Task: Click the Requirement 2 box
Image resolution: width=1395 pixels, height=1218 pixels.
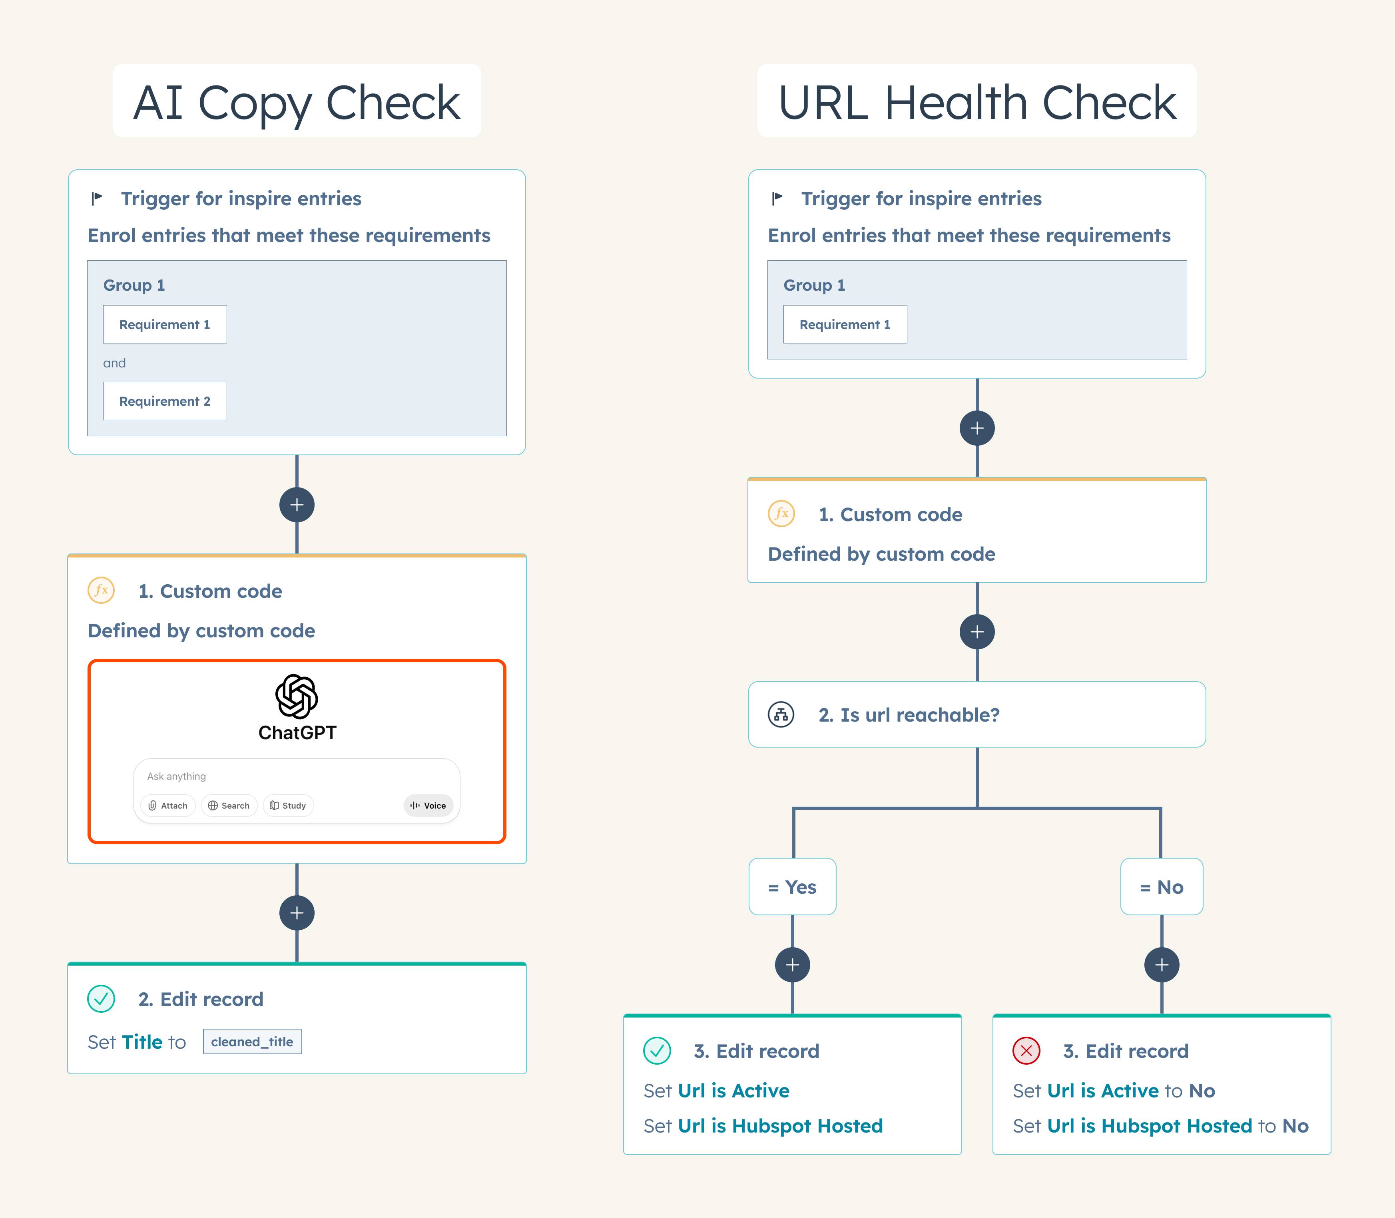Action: click(x=165, y=401)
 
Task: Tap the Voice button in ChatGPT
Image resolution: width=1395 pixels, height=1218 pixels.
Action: click(x=428, y=805)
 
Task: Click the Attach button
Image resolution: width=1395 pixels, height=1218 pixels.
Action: click(x=168, y=805)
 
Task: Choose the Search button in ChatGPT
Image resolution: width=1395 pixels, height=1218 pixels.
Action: click(x=229, y=805)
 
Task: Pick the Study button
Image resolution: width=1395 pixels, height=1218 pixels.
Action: click(x=288, y=805)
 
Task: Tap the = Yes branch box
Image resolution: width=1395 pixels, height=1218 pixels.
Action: click(x=792, y=887)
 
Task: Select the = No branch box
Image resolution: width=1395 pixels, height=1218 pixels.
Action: click(x=1162, y=887)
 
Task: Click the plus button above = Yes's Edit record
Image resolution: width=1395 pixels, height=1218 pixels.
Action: click(x=792, y=964)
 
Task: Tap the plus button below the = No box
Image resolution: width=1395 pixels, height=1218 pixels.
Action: click(x=1162, y=964)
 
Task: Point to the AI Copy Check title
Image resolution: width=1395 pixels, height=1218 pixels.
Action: click(x=297, y=102)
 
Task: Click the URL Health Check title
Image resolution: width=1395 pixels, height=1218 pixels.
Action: click(x=977, y=102)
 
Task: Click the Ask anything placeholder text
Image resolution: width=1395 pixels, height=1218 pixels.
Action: click(x=176, y=776)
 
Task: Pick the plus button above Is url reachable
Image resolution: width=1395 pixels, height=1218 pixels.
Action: click(x=977, y=632)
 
